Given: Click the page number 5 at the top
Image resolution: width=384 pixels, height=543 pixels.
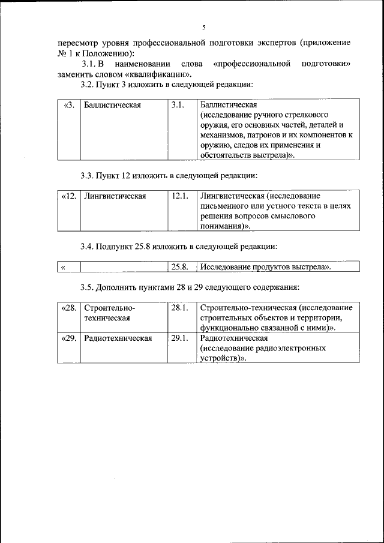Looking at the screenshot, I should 203,28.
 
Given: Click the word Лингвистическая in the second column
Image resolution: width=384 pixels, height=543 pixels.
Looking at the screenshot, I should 115,196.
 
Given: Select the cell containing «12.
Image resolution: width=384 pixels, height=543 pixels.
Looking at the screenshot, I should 70,196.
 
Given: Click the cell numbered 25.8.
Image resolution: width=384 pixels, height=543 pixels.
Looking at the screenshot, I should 180,267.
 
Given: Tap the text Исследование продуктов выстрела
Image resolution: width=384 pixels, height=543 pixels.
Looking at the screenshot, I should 266,267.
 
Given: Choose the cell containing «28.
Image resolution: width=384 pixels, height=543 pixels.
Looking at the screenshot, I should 70,308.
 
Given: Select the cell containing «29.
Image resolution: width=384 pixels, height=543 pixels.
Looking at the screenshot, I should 70,338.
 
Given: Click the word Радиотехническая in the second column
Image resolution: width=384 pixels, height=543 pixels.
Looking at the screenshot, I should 118,338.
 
